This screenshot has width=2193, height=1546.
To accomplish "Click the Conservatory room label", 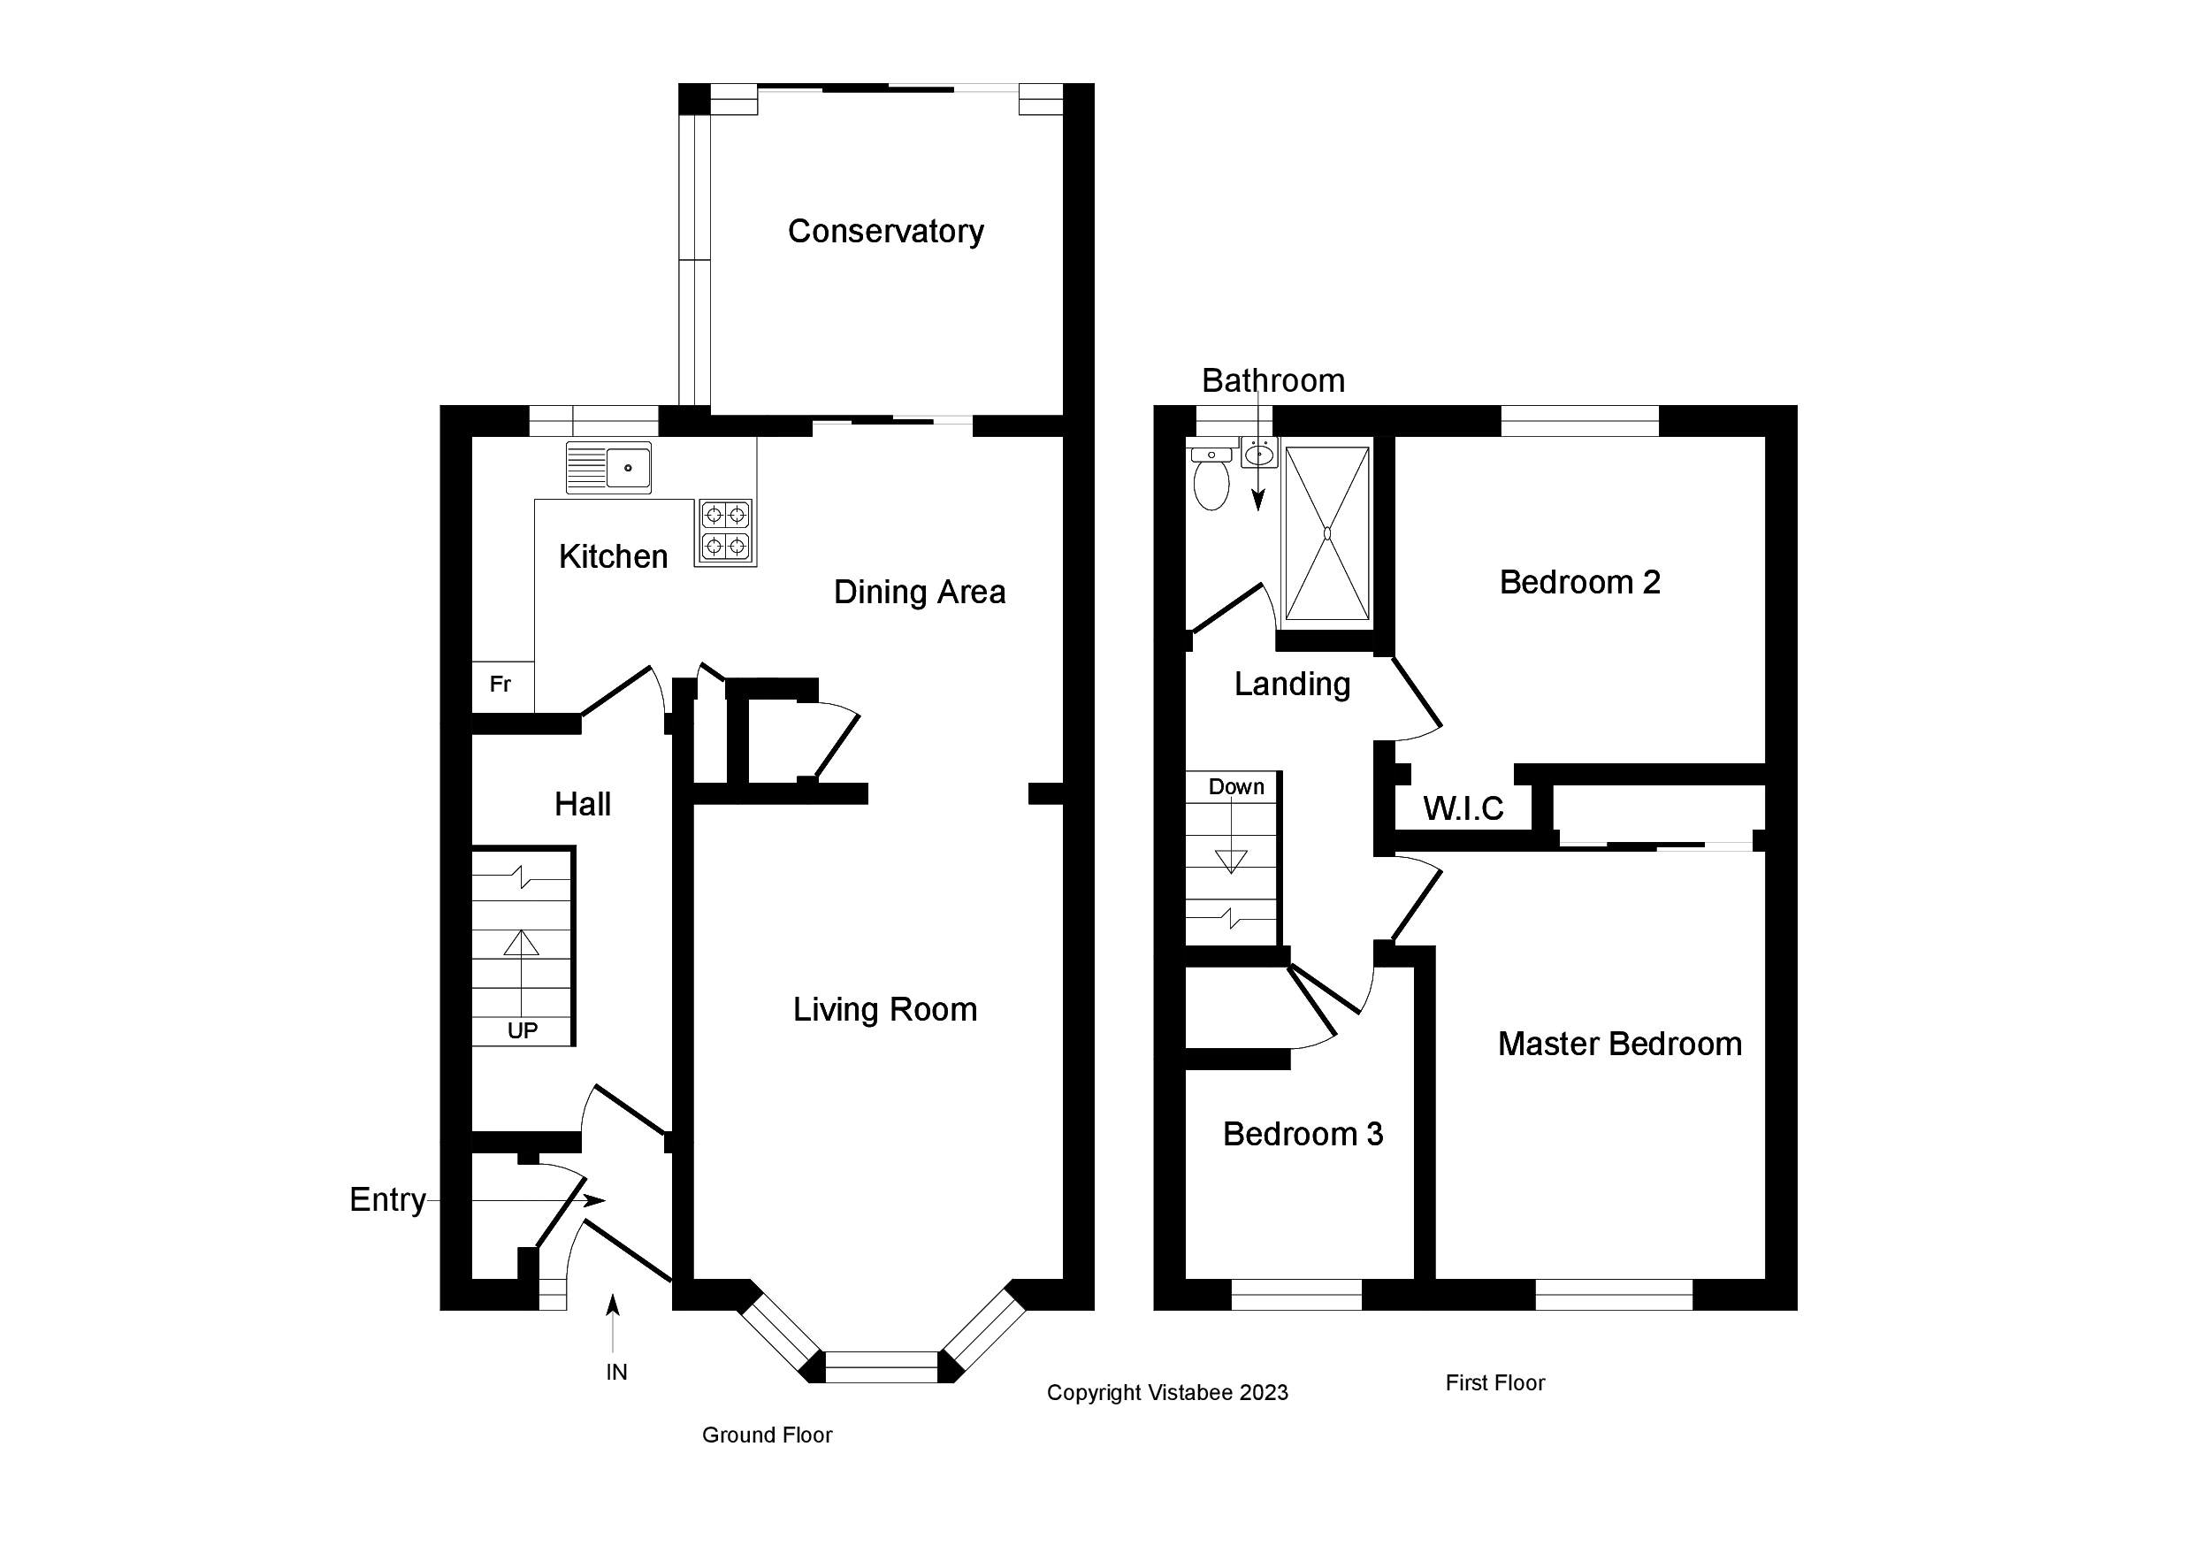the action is coord(885,231).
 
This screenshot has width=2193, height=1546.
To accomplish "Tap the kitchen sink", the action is coord(608,467).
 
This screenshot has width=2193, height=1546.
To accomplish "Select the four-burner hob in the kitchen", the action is coord(725,532).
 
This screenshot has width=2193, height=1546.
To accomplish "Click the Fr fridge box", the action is coord(501,685).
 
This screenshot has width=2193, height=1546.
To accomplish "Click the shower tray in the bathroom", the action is coord(1326,533).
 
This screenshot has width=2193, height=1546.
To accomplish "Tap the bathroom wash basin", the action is coord(1259,453).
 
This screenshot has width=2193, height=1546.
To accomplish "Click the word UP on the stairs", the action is coord(523,1030).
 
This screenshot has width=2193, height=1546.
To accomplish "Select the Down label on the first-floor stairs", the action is coord(1236,786).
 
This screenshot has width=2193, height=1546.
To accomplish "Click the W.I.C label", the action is coord(1463,809).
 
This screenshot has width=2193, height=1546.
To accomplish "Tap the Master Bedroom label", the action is coord(1619,1045).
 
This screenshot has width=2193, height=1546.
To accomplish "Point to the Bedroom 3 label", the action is coord(1303,1134).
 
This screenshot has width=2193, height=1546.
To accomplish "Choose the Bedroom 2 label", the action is coord(1580,582).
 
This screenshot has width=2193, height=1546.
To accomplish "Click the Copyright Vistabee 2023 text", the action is coord(1167,1393).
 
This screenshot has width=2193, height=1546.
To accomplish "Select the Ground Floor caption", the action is coord(767,1435).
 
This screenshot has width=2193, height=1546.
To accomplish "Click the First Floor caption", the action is coord(1494,1382).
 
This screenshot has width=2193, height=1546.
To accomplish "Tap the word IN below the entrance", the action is coord(616,1372).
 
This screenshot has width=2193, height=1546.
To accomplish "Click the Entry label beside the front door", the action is coord(386,1200).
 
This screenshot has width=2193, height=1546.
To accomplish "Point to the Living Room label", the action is coord(884,1010).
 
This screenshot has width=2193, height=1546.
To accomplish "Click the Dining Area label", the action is coord(919,593).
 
